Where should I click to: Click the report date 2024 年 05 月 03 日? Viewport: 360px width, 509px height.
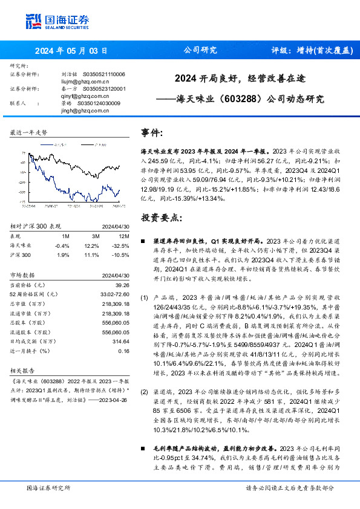pos(71,51)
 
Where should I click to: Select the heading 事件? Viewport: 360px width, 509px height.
pos(152,132)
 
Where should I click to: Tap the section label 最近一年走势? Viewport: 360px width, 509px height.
pos(29,132)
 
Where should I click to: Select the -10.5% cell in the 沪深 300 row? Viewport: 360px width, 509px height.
pos(121,254)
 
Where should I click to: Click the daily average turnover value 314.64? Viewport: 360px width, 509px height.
pos(120,341)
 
